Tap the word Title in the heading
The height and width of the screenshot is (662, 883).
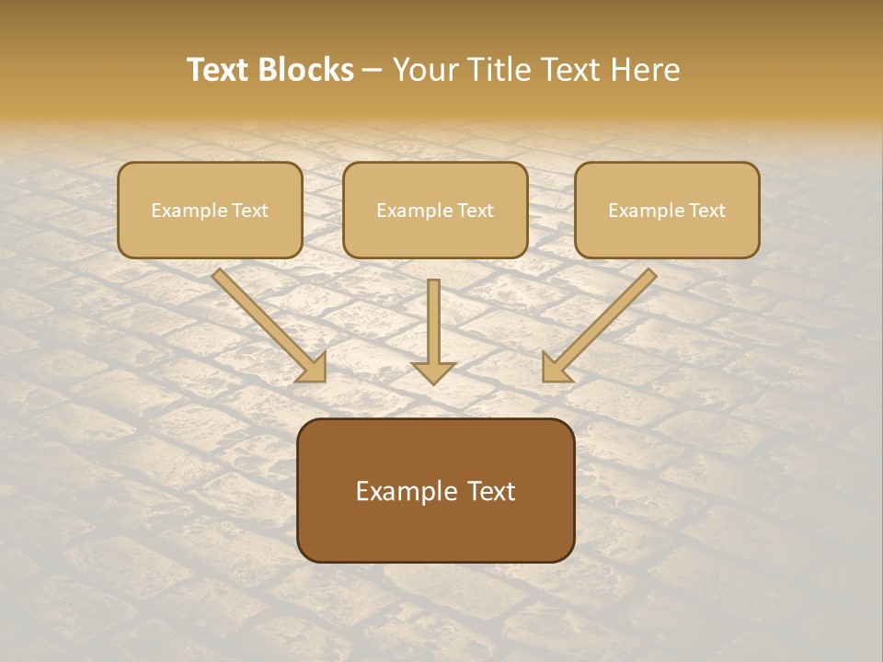[498, 70]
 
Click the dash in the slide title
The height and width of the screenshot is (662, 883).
[373, 71]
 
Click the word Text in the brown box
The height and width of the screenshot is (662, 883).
[490, 491]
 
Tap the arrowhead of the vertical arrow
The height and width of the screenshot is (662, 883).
[433, 372]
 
